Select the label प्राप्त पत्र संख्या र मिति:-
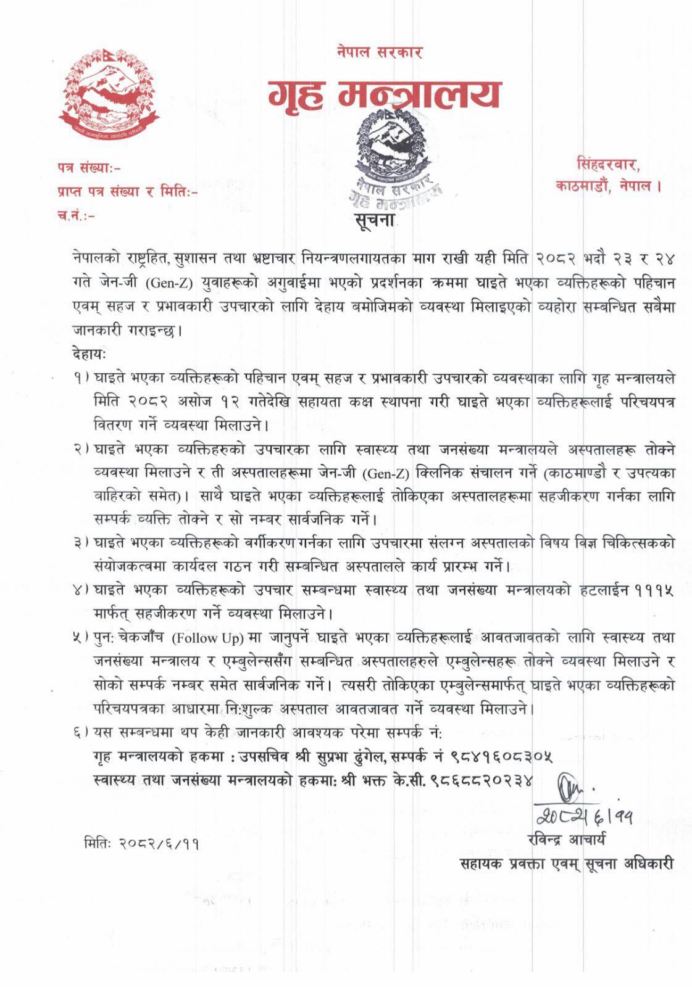127,191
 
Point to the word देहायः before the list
89,357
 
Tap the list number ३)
80,543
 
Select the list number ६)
80,733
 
